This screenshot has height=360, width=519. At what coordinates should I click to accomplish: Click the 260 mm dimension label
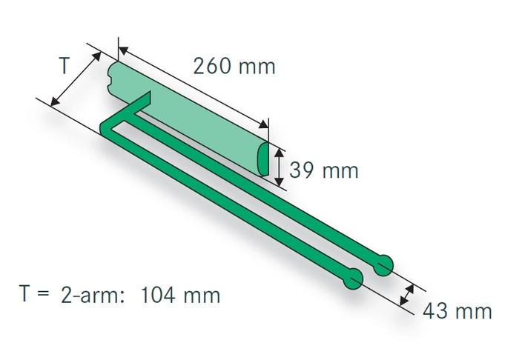click(x=234, y=67)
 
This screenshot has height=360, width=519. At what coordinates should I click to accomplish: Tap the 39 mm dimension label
click(x=323, y=171)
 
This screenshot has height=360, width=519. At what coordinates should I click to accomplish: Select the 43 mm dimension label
click(x=457, y=311)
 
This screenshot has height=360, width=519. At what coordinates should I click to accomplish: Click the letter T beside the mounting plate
click(x=65, y=66)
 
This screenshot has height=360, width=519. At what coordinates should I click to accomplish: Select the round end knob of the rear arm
click(x=384, y=264)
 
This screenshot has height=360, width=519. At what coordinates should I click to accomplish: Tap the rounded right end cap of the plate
click(x=265, y=159)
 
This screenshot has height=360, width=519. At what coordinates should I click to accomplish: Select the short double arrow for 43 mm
click(x=406, y=295)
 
